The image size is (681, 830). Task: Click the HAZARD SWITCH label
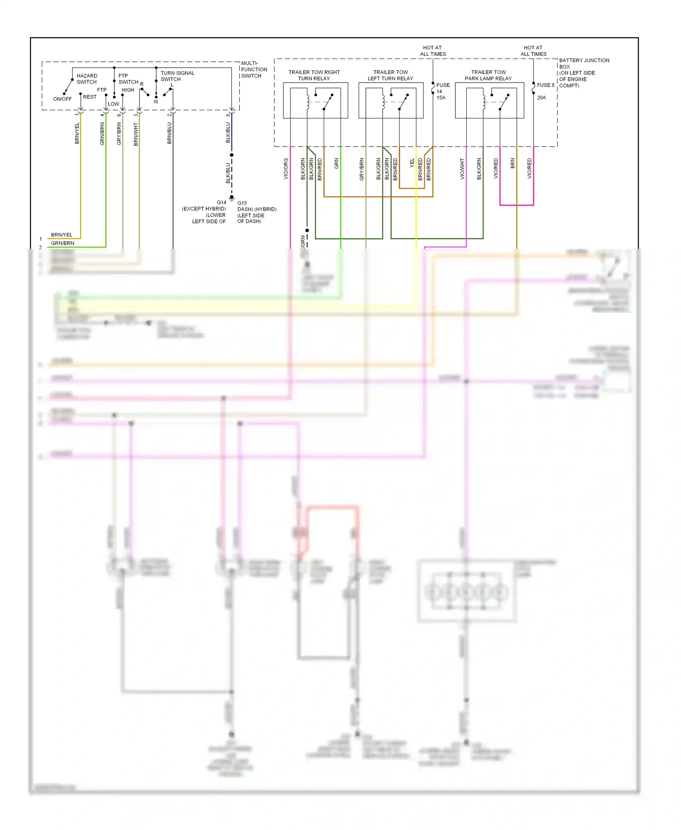point(87,79)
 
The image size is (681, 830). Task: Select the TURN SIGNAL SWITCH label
point(177,76)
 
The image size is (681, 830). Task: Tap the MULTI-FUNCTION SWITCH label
point(254,69)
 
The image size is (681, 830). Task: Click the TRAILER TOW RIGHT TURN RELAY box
point(316,100)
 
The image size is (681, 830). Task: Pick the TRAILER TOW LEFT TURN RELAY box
point(391,100)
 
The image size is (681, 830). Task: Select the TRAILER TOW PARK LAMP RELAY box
point(489,100)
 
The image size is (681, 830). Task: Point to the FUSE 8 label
point(545,85)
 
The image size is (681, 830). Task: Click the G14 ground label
point(221,203)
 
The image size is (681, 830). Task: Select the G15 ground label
point(242,203)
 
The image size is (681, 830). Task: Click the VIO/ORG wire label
point(286,168)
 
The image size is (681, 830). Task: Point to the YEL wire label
point(412,163)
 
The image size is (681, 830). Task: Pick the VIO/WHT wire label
point(462,168)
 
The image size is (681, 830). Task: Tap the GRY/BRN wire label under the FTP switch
point(119,134)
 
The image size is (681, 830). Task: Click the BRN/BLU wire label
point(169,133)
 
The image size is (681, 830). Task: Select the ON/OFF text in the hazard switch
point(62,99)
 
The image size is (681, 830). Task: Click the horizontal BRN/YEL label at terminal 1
point(62,235)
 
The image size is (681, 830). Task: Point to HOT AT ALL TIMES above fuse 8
point(533,51)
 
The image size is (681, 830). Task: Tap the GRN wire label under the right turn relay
point(336,163)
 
